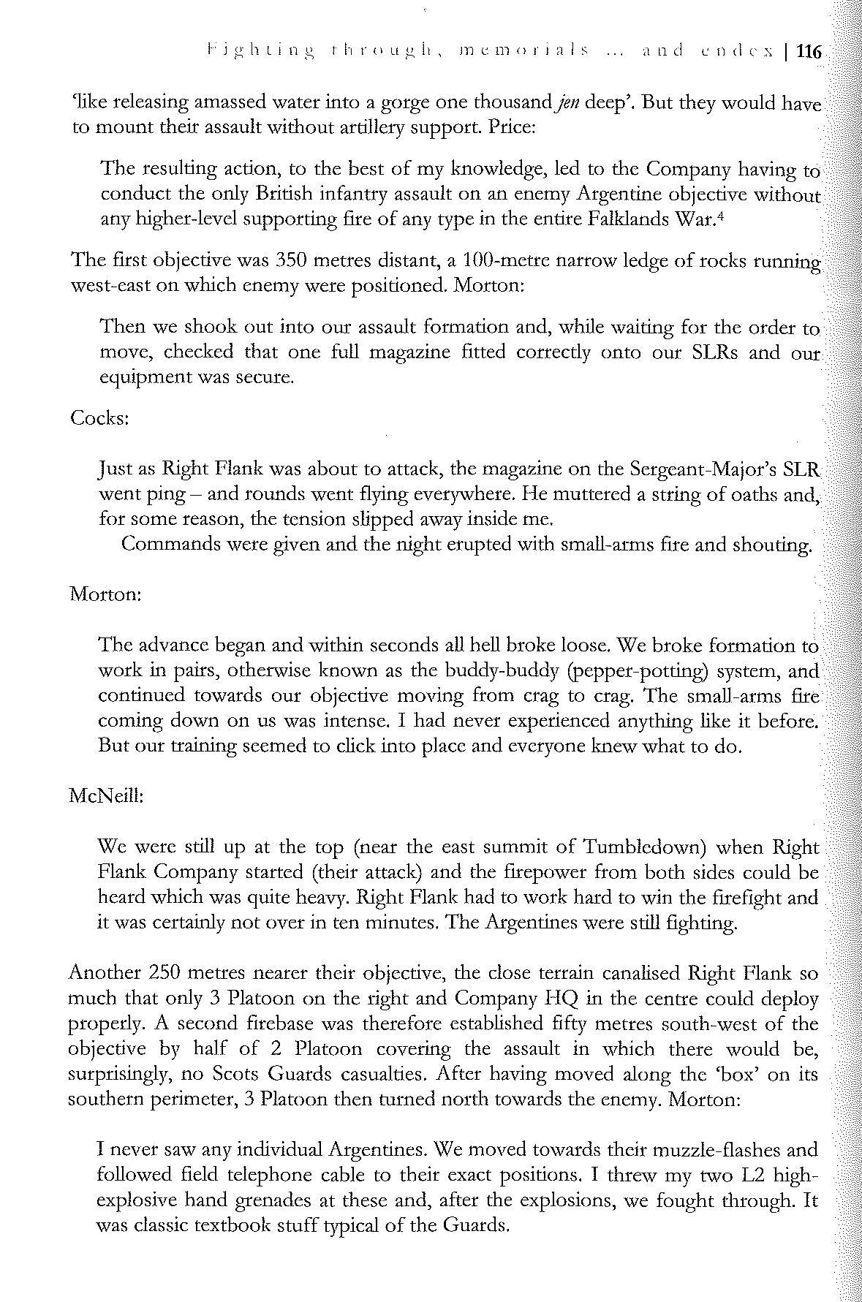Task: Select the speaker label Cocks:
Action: click(x=100, y=418)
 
